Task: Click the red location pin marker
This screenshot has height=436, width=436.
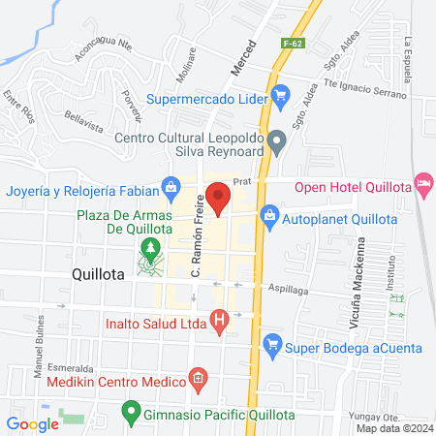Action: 219,199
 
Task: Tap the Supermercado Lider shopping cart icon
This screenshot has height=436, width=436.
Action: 282,95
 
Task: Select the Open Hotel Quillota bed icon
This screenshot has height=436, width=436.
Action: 422,182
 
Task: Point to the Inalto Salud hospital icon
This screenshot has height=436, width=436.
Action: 221,317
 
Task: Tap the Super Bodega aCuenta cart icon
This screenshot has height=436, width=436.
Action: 273,343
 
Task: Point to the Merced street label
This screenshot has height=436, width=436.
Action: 243,58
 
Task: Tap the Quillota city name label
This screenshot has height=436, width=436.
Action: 98,274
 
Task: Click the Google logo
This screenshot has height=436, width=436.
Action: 32,423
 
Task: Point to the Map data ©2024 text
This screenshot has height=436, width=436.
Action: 393,428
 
